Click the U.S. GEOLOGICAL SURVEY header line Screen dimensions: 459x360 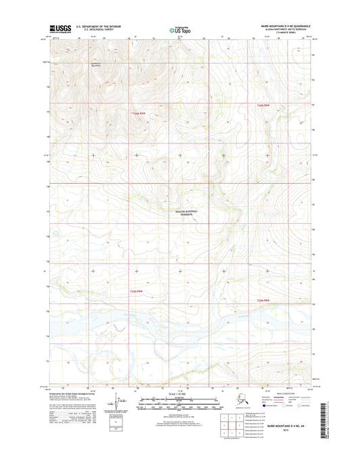point(99,28)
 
